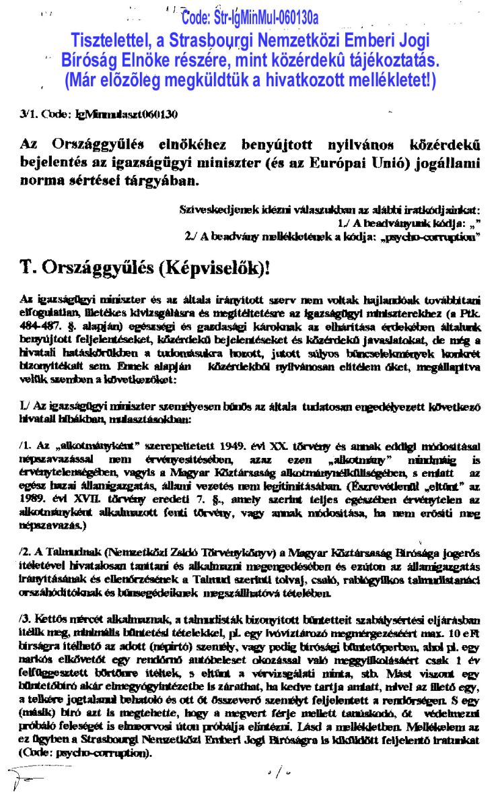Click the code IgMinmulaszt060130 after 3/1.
pos(128,114)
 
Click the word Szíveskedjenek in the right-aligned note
pos(211,211)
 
